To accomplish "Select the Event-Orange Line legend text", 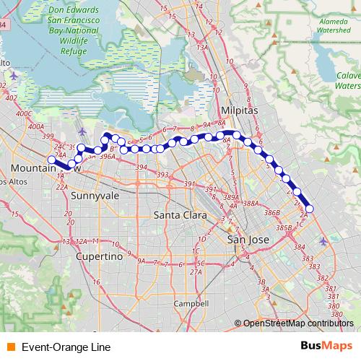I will click(x=66, y=347).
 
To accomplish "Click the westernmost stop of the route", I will click(x=51, y=160).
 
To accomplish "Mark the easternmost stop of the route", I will click(x=310, y=209).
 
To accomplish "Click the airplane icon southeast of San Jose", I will click(x=323, y=241).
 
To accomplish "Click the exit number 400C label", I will click(x=24, y=113).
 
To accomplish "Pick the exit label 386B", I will click(x=271, y=214).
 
